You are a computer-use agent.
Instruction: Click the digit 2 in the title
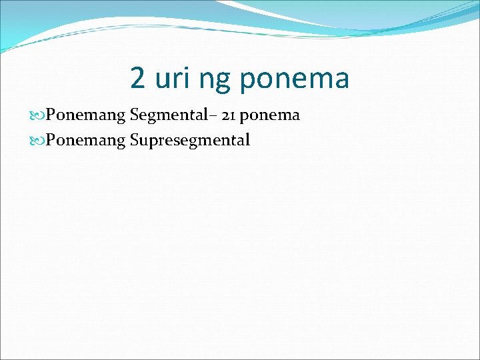[138, 79]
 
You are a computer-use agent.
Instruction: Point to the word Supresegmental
[190, 141]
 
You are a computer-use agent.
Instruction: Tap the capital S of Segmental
[135, 115]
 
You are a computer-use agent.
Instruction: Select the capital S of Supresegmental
[135, 140]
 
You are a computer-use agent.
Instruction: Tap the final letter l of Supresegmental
[247, 140]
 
